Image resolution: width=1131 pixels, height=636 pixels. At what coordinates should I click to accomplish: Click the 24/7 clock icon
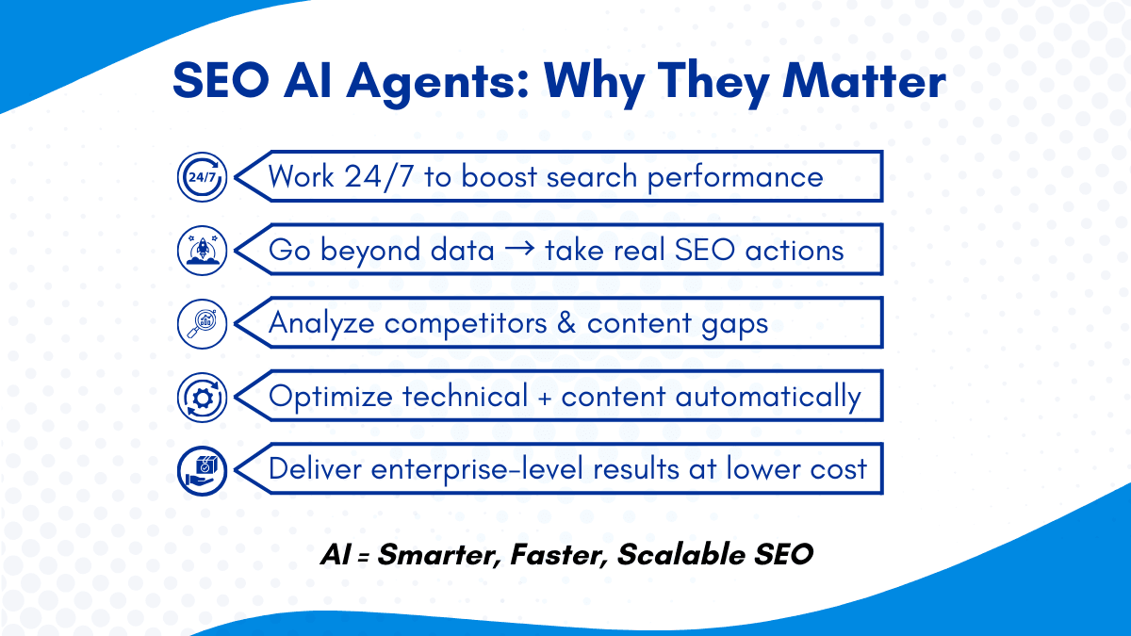tap(202, 177)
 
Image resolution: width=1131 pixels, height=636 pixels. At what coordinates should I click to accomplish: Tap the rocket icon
tap(202, 251)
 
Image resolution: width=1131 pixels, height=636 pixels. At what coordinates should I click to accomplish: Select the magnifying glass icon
tap(202, 323)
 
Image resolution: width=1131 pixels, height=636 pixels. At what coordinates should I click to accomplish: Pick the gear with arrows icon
tap(202, 398)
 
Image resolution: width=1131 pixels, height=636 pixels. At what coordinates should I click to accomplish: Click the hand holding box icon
tap(202, 471)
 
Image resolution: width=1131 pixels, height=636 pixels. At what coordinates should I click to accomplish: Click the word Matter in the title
tap(863, 81)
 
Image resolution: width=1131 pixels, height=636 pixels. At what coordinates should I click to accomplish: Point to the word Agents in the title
tap(437, 84)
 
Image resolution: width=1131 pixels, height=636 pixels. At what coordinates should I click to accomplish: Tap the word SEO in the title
tap(221, 81)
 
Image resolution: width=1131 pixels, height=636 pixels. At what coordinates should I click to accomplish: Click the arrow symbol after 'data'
tap(519, 248)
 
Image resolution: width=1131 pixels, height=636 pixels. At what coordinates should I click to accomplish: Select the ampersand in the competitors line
tap(566, 323)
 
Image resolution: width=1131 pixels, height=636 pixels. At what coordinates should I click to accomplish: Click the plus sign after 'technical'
tap(545, 398)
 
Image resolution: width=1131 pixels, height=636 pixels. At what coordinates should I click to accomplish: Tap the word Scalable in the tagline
tap(681, 554)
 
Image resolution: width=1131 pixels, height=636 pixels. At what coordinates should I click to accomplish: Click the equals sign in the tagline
tap(364, 558)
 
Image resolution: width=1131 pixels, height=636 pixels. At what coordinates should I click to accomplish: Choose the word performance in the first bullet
tap(735, 178)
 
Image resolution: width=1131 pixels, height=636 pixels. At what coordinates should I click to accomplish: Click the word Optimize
tap(331, 398)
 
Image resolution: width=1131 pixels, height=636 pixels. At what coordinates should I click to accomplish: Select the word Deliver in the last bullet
tap(315, 469)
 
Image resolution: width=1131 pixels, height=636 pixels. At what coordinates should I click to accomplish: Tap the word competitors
tap(466, 324)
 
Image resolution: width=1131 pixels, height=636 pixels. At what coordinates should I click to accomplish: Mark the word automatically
tap(768, 398)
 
